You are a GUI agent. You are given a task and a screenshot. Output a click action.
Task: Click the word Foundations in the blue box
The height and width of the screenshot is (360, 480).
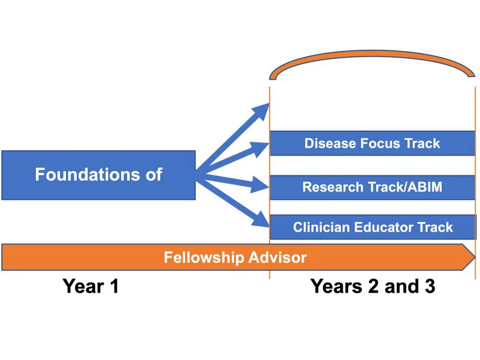[82, 174]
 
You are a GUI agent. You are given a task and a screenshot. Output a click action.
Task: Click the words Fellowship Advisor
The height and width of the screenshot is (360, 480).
[235, 257]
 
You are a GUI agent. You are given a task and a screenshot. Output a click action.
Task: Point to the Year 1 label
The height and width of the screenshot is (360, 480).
[90, 286]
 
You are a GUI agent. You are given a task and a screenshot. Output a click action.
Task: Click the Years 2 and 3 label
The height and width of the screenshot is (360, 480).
[372, 286]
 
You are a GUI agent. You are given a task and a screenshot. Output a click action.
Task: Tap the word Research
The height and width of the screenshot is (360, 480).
[327, 187]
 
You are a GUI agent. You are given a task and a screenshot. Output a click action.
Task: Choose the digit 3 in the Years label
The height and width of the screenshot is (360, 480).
[429, 286]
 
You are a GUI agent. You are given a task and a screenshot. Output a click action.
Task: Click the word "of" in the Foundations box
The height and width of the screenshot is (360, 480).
[152, 174]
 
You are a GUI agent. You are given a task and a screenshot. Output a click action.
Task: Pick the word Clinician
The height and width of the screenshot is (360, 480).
[322, 227]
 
